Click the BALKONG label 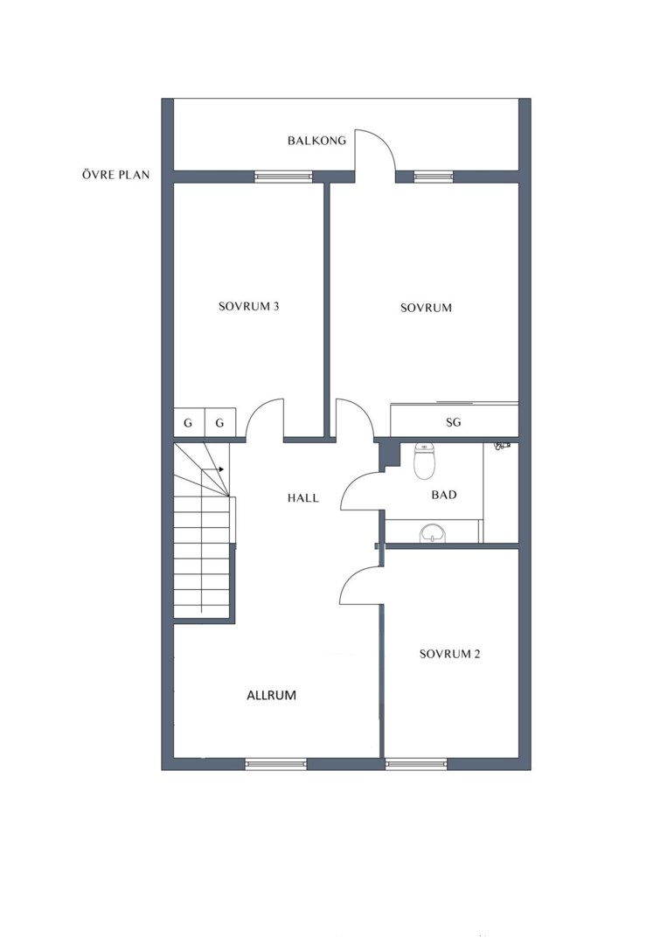click(x=316, y=141)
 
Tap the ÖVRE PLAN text click(x=115, y=175)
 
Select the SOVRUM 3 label click(x=248, y=307)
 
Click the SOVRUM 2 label click(x=449, y=654)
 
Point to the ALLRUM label click(x=272, y=696)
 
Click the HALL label click(x=302, y=498)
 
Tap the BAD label click(x=444, y=495)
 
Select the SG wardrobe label click(x=454, y=423)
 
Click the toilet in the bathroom click(x=425, y=462)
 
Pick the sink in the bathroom click(x=433, y=533)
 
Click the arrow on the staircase click(x=212, y=469)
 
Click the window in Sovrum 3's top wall click(x=283, y=177)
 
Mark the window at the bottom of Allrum click(x=276, y=764)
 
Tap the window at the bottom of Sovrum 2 click(x=417, y=764)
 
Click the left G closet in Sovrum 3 click(x=189, y=423)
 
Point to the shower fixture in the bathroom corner click(x=502, y=446)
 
